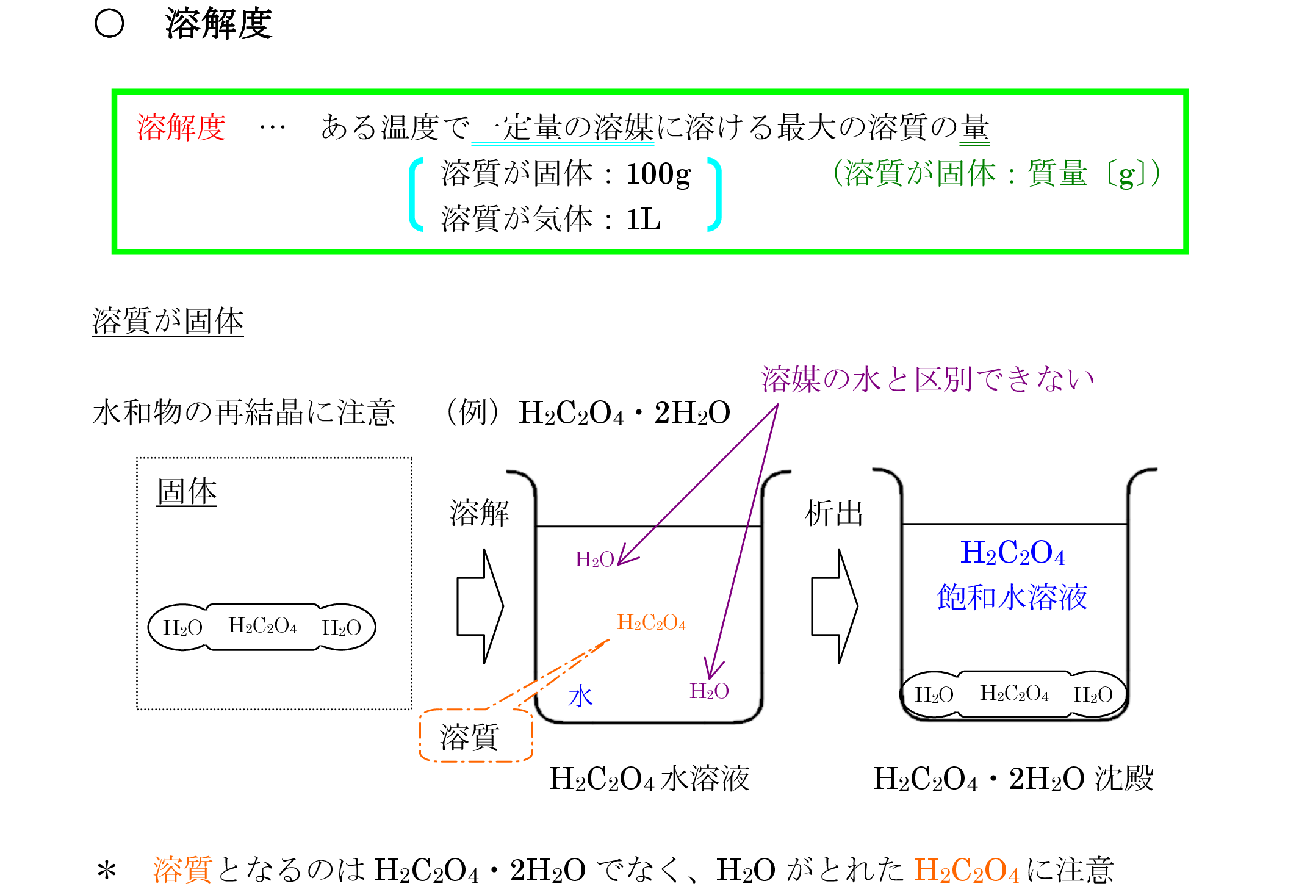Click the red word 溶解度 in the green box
(x=181, y=128)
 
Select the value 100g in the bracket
(x=658, y=175)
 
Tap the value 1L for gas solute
(x=643, y=219)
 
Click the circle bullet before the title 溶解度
(x=110, y=24)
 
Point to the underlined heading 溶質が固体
(x=168, y=321)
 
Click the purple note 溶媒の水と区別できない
(x=927, y=379)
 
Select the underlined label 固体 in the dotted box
(x=187, y=492)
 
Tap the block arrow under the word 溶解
(x=480, y=606)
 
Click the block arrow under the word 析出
(x=834, y=606)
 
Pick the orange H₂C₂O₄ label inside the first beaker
(x=651, y=622)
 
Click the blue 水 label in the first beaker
(x=580, y=696)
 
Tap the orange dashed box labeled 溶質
(x=476, y=736)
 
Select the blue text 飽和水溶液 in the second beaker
(x=1012, y=597)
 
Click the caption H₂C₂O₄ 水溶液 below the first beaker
(x=649, y=779)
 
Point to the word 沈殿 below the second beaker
(x=1123, y=779)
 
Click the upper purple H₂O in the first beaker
(x=594, y=560)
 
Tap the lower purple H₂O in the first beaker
(x=709, y=691)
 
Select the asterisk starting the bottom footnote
(x=107, y=871)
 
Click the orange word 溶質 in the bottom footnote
(x=182, y=869)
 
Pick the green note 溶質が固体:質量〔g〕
(x=996, y=173)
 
